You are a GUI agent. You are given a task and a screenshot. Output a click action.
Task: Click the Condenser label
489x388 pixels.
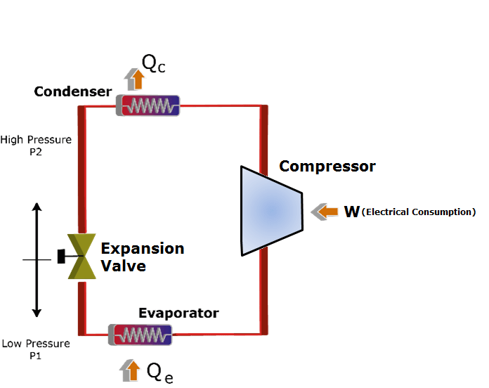pyautogui.click(x=73, y=92)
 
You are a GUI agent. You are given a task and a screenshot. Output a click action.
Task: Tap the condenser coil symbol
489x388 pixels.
pyautogui.click(x=148, y=106)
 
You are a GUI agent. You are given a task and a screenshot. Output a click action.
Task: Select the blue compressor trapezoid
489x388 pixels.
pyautogui.click(x=271, y=210)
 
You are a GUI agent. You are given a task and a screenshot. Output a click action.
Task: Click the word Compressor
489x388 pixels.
pyautogui.click(x=327, y=167)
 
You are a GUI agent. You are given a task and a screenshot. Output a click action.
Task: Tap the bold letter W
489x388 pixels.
pyautogui.click(x=352, y=212)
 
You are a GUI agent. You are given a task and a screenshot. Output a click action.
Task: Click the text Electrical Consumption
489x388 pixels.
pyautogui.click(x=419, y=212)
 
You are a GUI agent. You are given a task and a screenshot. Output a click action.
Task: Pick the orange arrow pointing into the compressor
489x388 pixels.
pyautogui.click(x=324, y=211)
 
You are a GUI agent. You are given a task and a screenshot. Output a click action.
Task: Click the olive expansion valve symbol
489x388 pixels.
pyautogui.click(x=82, y=257)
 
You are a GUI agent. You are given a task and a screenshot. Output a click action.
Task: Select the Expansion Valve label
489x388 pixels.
pyautogui.click(x=142, y=257)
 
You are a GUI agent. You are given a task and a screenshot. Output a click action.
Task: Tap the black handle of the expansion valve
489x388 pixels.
pyautogui.click(x=61, y=257)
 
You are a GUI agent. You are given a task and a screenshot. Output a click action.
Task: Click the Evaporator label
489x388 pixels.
pyautogui.click(x=178, y=313)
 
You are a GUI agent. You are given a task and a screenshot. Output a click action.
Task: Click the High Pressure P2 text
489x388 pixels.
pyautogui.click(x=36, y=145)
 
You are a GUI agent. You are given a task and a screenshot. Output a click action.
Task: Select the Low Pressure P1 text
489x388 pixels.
pyautogui.click(x=36, y=349)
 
